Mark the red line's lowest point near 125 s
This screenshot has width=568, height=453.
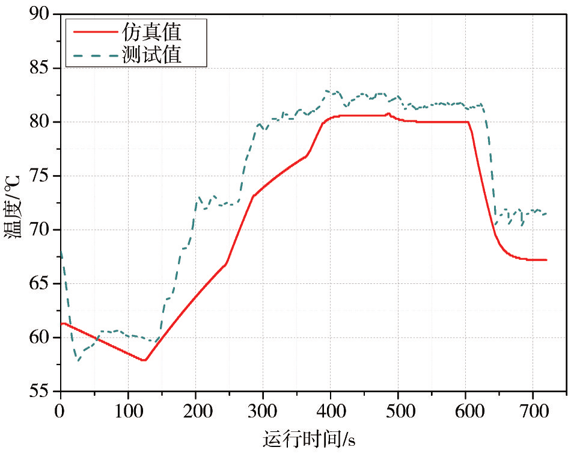click(144, 360)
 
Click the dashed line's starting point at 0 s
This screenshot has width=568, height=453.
click(61, 251)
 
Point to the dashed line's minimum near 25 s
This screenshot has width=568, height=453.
click(78, 361)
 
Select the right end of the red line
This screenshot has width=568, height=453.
click(546, 260)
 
